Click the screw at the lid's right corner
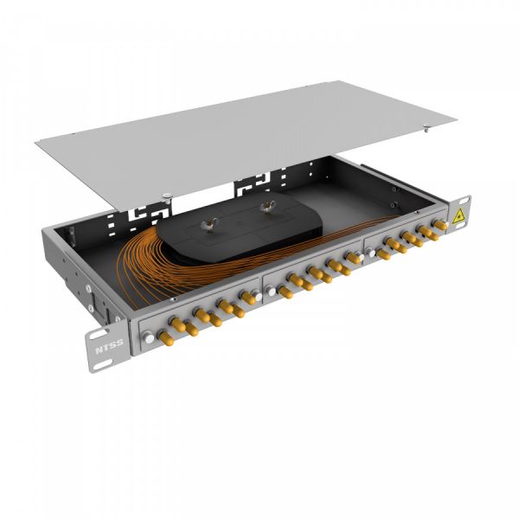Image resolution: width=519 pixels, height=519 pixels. click(x=427, y=131)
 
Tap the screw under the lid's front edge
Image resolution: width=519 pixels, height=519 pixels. click(x=164, y=194)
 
